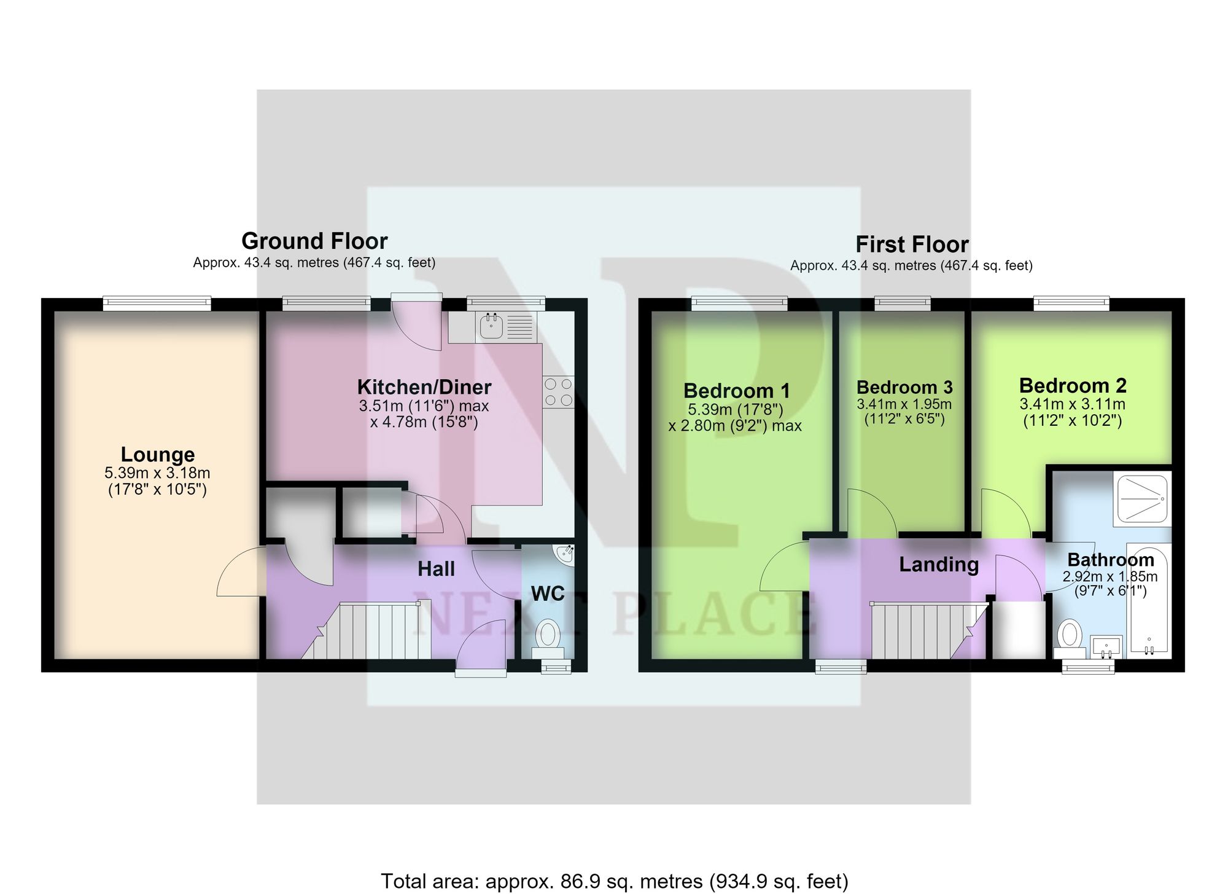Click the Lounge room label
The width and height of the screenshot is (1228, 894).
(x=158, y=455)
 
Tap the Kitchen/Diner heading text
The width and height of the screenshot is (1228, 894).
(x=424, y=387)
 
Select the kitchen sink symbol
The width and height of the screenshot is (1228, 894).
(x=492, y=326)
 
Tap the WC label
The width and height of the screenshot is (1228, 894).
(x=548, y=594)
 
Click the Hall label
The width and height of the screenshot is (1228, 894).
(x=437, y=569)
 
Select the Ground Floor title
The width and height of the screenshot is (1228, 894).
(x=314, y=240)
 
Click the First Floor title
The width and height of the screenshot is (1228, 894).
(x=912, y=245)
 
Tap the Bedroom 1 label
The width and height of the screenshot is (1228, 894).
(x=736, y=391)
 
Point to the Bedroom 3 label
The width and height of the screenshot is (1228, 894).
(x=904, y=387)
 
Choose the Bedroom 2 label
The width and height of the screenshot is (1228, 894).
(x=1073, y=385)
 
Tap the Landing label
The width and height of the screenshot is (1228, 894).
(x=939, y=564)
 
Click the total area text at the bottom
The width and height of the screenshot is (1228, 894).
(x=615, y=881)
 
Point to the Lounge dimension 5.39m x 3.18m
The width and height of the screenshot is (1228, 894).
(x=158, y=473)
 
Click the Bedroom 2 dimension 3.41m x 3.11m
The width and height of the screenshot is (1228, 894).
(x=1073, y=404)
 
